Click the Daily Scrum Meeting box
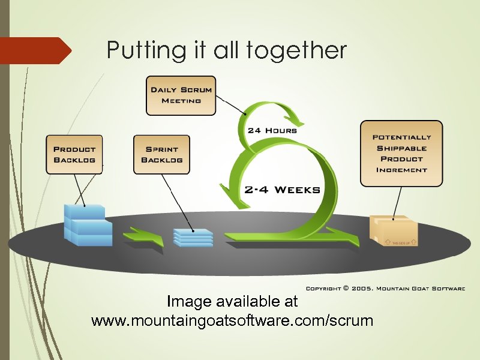point(181,95)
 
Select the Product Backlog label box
point(74,155)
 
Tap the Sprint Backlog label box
point(161,155)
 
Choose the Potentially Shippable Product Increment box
point(401,154)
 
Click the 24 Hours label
point(272,130)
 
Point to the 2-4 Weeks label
point(282,190)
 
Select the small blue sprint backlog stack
point(193,236)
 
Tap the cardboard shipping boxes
point(394,230)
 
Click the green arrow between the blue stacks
point(143,236)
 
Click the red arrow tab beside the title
point(36,50)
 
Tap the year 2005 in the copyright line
point(362,289)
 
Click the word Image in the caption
point(185,300)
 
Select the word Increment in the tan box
point(401,170)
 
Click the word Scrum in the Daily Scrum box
point(196,90)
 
